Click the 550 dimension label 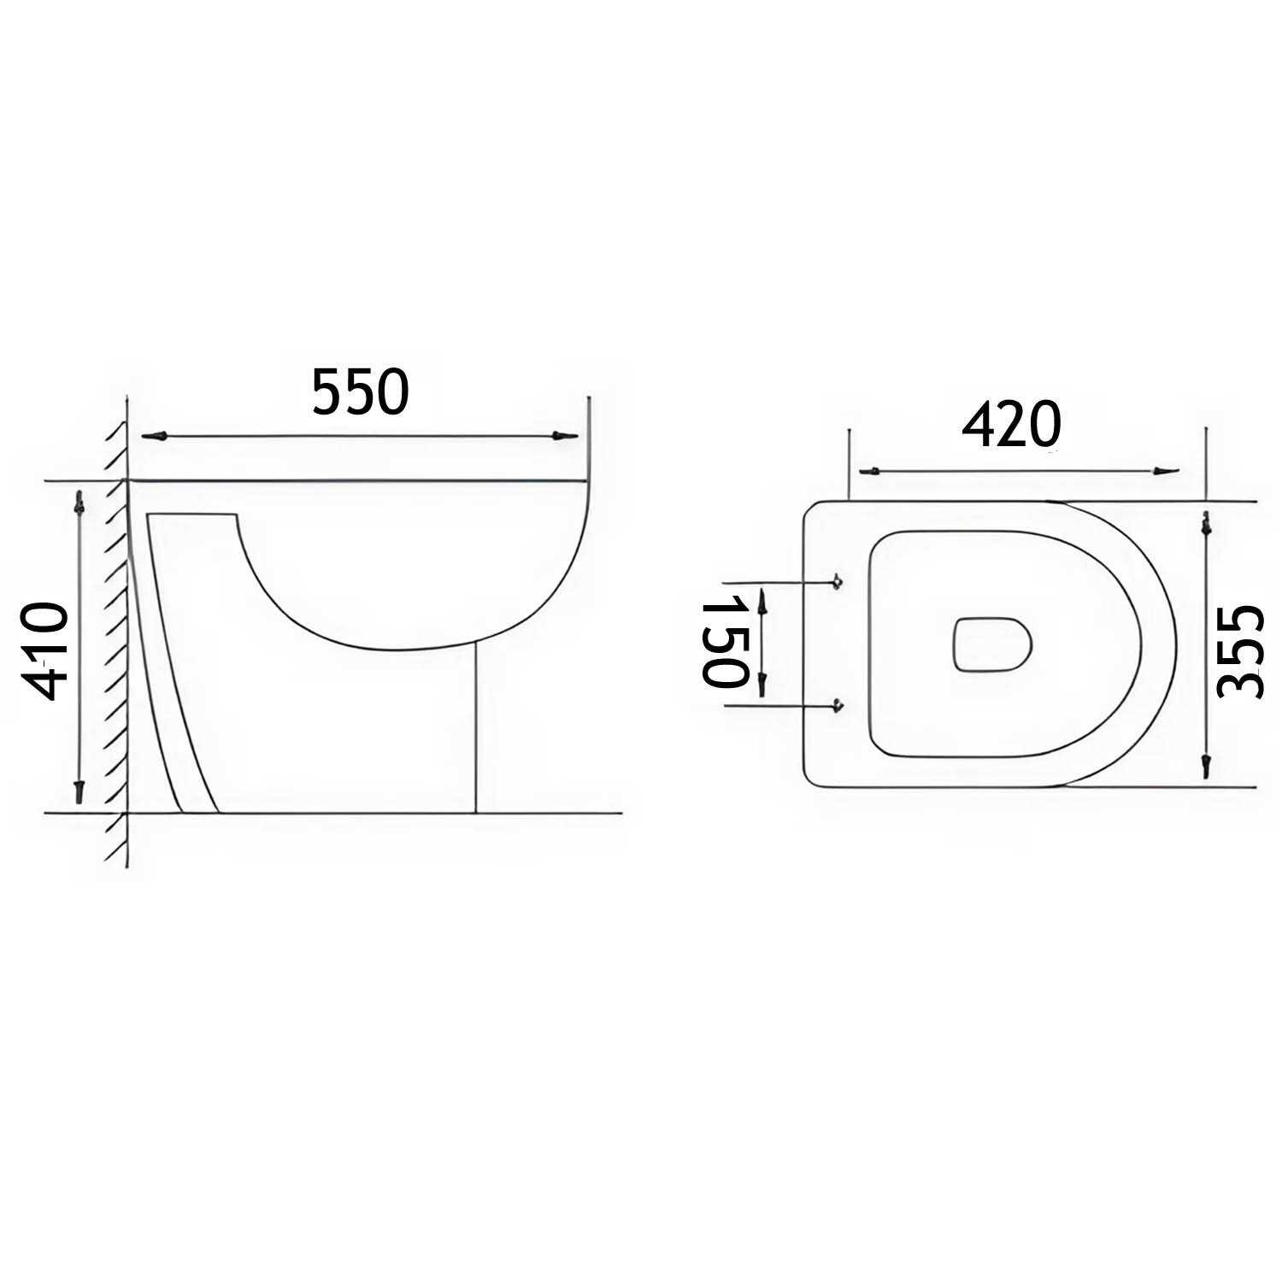pyautogui.click(x=360, y=392)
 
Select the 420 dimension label pyautogui.click(x=1011, y=425)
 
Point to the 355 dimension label pyautogui.click(x=1241, y=652)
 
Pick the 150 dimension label pyautogui.click(x=725, y=642)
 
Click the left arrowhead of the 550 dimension pyautogui.click(x=154, y=436)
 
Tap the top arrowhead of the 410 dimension pyautogui.click(x=79, y=503)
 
